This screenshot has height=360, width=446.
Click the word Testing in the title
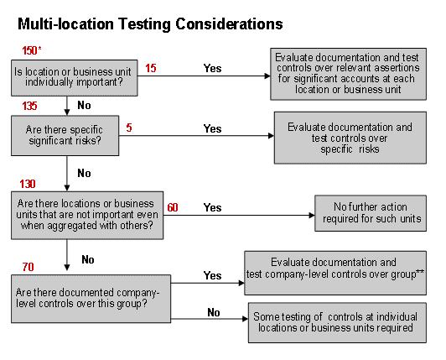[144, 24]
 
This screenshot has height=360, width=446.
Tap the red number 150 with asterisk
[32, 50]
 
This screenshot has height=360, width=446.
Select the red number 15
[151, 68]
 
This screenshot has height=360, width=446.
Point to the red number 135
[29, 106]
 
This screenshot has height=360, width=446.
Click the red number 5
[129, 128]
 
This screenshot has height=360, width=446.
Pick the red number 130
[28, 184]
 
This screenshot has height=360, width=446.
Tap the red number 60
[173, 207]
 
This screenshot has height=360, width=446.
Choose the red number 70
[28, 267]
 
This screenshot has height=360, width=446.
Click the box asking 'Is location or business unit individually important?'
[75, 78]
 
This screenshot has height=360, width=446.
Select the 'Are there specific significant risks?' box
[65, 136]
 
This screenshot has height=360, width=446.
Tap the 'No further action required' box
[371, 213]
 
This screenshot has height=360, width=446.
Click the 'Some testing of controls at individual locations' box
[337, 322]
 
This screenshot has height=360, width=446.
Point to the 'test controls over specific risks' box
[350, 138]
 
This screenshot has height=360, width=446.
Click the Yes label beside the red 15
[212, 68]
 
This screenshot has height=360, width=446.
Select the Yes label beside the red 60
[212, 207]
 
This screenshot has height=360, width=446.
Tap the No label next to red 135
[84, 106]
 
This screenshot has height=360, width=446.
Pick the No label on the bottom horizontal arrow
[214, 313]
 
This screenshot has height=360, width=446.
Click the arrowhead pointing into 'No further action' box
[312, 216]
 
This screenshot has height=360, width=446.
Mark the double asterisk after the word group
[420, 272]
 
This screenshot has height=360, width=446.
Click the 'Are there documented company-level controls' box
[91, 299]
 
